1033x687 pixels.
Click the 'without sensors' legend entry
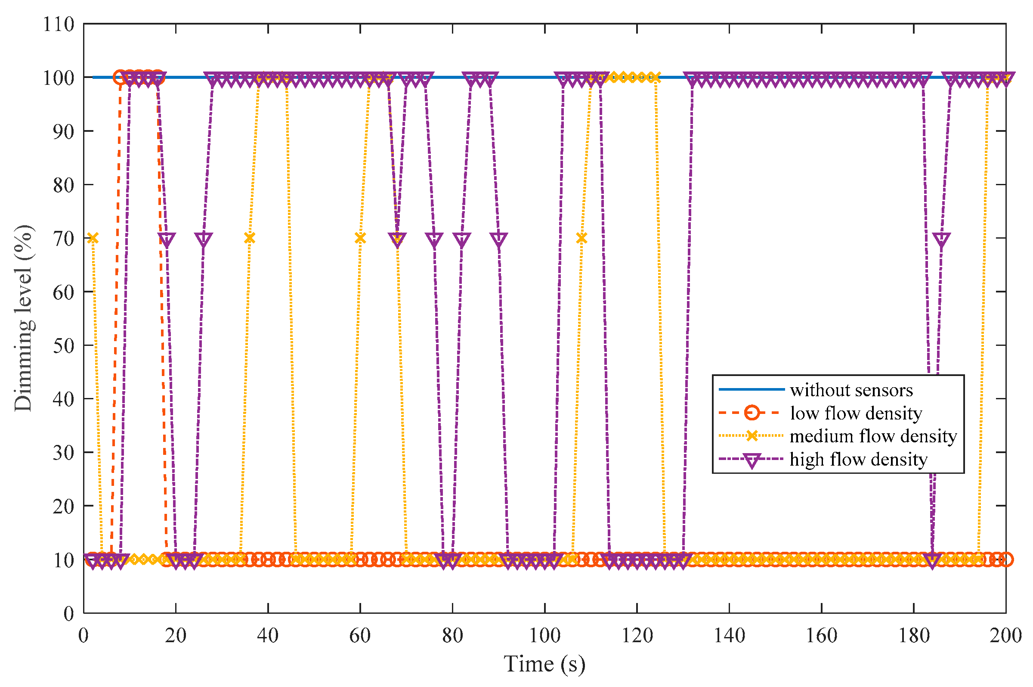point(851,390)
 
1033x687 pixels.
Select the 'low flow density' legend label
point(856,413)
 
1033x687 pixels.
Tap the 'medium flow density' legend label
point(873,436)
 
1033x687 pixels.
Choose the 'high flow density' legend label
point(858,459)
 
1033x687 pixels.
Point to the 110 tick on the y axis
point(59,24)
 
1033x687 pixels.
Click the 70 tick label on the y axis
point(63,238)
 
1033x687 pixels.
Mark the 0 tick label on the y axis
point(69,613)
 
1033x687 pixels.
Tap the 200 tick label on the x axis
point(1005,636)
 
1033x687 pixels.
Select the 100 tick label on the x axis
point(544,636)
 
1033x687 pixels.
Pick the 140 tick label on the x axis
point(729,636)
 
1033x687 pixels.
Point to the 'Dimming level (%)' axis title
point(23,319)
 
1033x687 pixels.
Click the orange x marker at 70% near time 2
point(93,238)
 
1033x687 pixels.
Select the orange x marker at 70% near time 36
point(250,238)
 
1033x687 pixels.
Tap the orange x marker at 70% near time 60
point(360,238)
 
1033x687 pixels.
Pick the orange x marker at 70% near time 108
point(581,238)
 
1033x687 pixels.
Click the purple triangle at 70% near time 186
point(941,239)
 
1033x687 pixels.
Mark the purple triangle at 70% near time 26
point(204,239)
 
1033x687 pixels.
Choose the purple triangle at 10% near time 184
point(932,561)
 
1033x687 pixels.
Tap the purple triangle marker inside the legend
point(752,460)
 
